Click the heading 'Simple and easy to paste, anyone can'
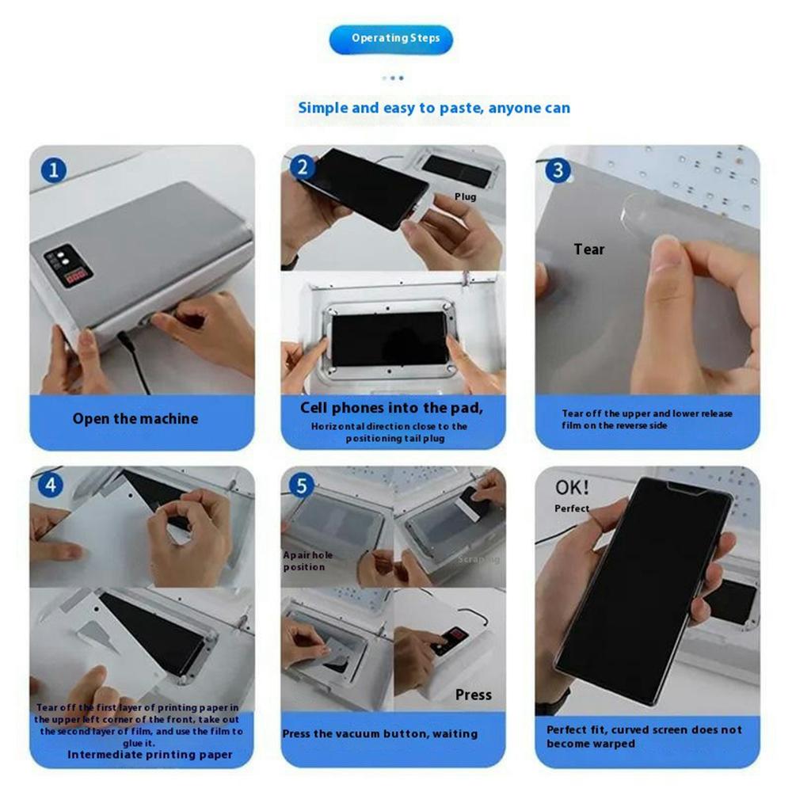tap(433, 108)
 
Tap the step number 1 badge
tap(53, 169)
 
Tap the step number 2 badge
tap(302, 167)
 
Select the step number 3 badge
tap(558, 170)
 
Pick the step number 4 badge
tap(51, 485)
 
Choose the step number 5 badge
tap(301, 485)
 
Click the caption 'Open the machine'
tap(135, 418)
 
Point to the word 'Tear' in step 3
tap(588, 249)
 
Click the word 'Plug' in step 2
tap(465, 196)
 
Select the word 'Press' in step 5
tap(473, 695)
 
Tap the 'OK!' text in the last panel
tap(571, 485)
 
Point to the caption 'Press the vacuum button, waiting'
tap(380, 733)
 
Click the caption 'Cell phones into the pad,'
tap(391, 409)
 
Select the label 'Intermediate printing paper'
tap(150, 754)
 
